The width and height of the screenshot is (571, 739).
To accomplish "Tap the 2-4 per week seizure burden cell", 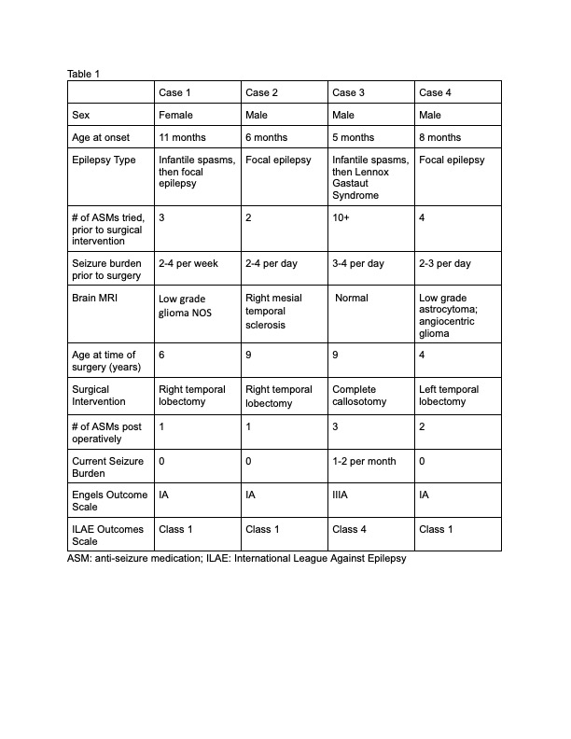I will (188, 263).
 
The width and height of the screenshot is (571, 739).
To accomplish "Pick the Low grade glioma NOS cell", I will (186, 305).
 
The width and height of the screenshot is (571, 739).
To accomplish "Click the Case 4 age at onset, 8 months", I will (440, 137).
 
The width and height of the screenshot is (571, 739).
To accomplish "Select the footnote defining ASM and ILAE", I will (237, 559).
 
